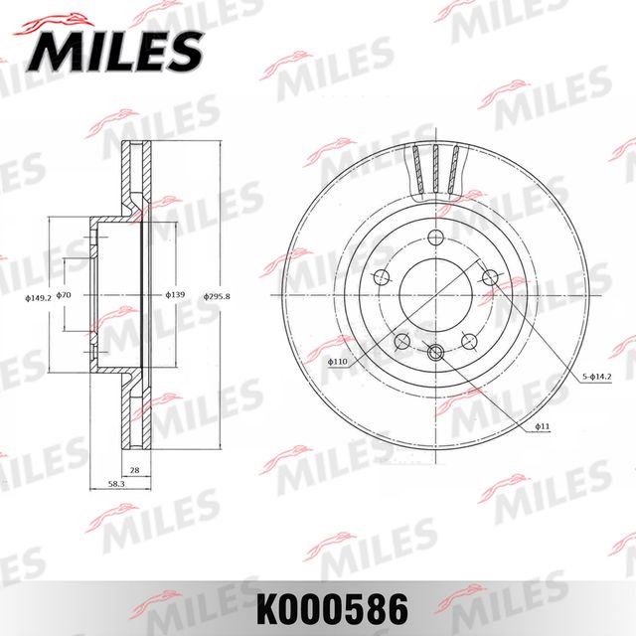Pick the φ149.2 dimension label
[38, 295]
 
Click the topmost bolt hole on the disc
[435, 238]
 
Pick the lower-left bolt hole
[402, 341]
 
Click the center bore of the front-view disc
[435, 295]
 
